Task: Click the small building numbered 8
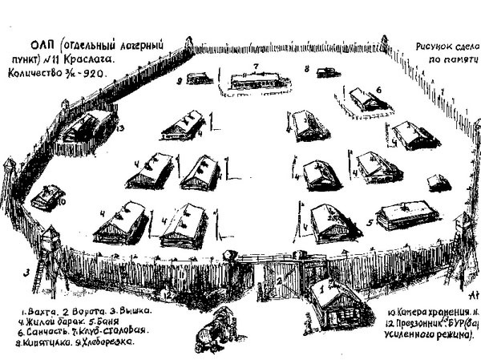click(327, 72)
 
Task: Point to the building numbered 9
click(200, 79)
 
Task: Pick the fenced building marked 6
click(366, 99)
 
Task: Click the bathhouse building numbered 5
click(407, 213)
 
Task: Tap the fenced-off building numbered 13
click(89, 127)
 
